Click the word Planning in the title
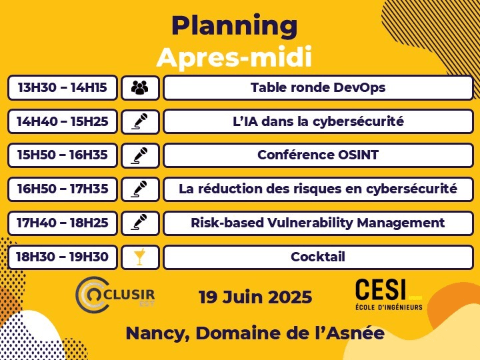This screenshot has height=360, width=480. coord(234,26)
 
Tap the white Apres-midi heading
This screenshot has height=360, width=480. coord(234,57)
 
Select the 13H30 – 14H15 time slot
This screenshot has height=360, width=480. coord(63,87)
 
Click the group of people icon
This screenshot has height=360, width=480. coord(140,87)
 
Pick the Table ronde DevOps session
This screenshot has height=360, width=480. coord(318,87)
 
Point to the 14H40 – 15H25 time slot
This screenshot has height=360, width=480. coord(63,121)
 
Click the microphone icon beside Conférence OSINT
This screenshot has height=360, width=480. coord(139,155)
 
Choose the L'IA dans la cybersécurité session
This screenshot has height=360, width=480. coord(318,121)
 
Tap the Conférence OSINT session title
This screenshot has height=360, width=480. coord(318,155)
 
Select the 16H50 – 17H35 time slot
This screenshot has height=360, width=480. coord(63,189)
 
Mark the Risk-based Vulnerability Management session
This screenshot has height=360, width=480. coord(318,223)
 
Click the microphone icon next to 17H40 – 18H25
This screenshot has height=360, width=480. coord(139,222)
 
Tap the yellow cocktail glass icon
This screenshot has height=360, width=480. coord(139,257)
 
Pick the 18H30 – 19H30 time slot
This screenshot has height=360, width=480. coord(63,257)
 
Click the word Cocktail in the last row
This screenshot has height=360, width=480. coord(318,257)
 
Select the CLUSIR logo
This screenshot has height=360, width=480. coord(115,295)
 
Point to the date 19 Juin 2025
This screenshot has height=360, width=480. coord(255,297)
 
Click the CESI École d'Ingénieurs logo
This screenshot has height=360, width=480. coord(389,294)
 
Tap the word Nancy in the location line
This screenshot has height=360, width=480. coord(157,334)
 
